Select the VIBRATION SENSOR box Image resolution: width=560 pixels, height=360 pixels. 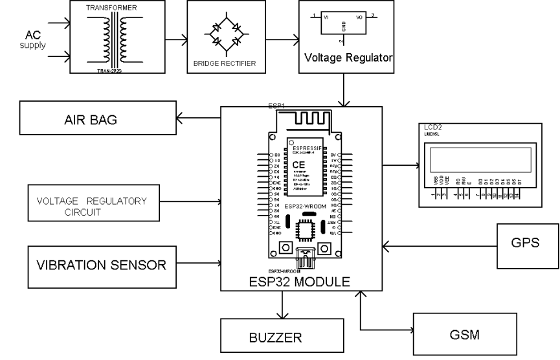pyautogui.click(x=102, y=264)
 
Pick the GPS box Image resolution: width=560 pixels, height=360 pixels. pyautogui.click(x=526, y=246)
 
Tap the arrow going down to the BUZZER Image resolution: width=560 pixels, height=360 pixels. pyautogui.click(x=282, y=304)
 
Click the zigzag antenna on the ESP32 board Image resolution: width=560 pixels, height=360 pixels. pyautogui.click(x=308, y=118)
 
